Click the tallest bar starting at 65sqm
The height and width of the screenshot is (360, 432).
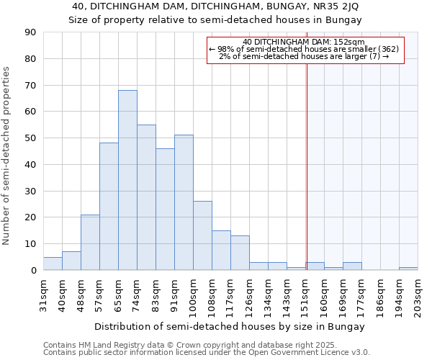tap(127, 180)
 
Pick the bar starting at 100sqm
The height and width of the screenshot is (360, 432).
tap(202, 235)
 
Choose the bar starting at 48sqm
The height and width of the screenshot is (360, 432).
tap(90, 242)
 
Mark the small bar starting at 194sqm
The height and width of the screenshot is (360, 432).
tap(408, 269)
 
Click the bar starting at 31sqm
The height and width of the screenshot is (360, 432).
tap(53, 264)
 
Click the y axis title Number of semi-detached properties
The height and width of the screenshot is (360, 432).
tap(7, 155)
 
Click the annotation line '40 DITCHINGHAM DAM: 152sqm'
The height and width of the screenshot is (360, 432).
tap(303, 42)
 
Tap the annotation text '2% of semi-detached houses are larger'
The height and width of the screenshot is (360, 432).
tap(303, 56)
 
